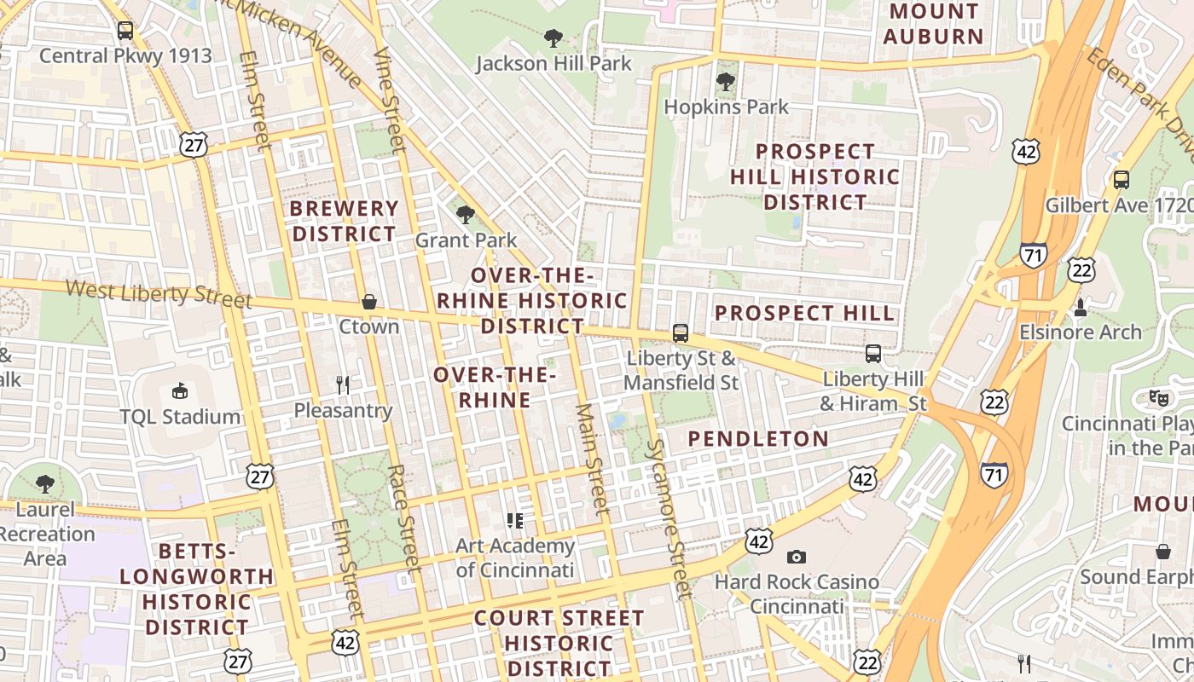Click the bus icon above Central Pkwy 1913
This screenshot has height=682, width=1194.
click(125, 31)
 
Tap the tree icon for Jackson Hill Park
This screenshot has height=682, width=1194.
click(554, 38)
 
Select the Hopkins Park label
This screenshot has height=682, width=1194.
click(726, 107)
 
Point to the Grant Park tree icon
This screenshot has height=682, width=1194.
click(466, 215)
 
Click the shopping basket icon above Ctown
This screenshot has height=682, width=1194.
click(369, 302)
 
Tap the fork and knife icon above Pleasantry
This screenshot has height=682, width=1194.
click(343, 385)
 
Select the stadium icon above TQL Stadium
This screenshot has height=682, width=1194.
click(180, 391)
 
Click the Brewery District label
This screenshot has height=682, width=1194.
click(344, 221)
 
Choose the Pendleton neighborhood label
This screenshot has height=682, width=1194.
click(758, 439)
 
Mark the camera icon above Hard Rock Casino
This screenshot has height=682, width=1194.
click(797, 557)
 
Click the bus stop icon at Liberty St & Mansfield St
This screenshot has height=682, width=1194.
click(681, 333)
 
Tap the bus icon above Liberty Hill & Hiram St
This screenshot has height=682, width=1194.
click(873, 354)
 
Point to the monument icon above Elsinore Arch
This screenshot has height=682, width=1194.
click(1081, 307)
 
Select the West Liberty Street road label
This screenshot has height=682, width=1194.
click(159, 293)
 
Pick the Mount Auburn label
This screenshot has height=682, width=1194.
click(934, 24)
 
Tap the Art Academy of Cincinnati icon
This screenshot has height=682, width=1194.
click(514, 520)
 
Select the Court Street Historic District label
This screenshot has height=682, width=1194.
click(559, 643)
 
